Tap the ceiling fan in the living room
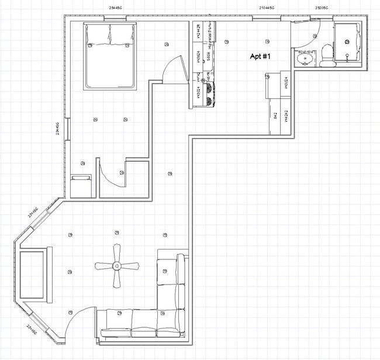tap(117, 266)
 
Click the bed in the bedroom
tap(110, 56)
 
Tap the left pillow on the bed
tap(97, 35)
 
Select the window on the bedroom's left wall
tap(68, 129)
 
